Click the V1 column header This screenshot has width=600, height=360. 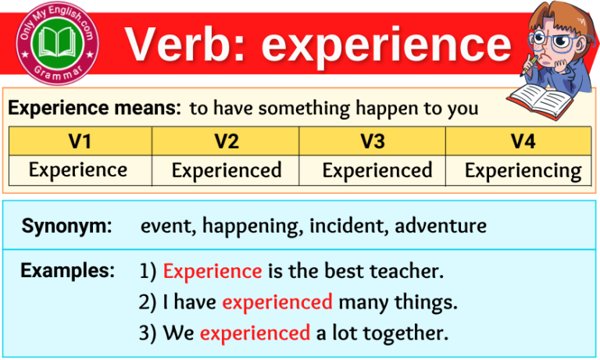click(79, 141)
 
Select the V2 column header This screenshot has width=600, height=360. click(226, 141)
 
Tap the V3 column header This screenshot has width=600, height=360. click(373, 141)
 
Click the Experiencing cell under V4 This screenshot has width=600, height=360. click(523, 170)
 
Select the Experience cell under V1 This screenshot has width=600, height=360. click(78, 169)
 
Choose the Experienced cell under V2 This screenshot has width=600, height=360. click(227, 170)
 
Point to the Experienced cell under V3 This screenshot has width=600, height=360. click(377, 170)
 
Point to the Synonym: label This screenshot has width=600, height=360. click(67, 226)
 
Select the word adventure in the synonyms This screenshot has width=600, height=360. click(441, 226)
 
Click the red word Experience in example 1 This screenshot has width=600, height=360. click(212, 272)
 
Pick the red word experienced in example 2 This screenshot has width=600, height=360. click(277, 302)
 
